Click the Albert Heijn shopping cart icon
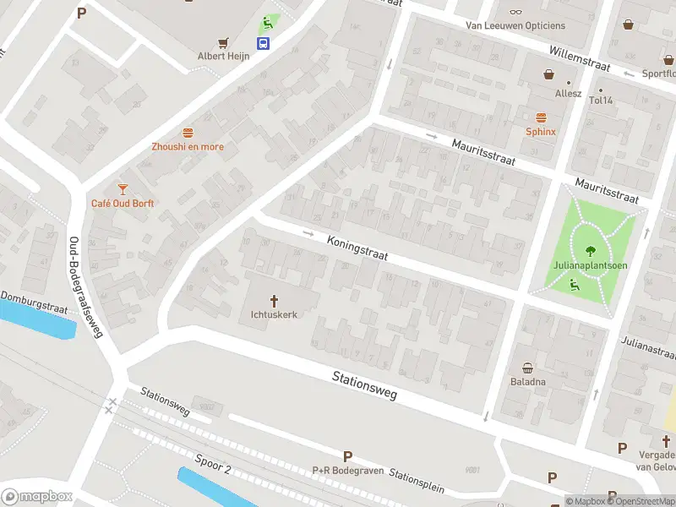tap(224, 42)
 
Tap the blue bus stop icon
tap(264, 43)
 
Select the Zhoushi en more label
tap(188, 146)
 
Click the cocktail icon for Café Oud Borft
tap(123, 189)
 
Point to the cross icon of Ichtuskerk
tap(275, 300)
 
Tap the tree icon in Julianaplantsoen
tap(590, 250)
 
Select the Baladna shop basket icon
tap(528, 368)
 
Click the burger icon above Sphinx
tap(541, 117)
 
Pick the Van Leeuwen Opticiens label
tap(515, 25)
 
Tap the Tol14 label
tap(602, 101)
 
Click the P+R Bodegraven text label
tap(348, 471)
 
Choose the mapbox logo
tap(35, 497)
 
